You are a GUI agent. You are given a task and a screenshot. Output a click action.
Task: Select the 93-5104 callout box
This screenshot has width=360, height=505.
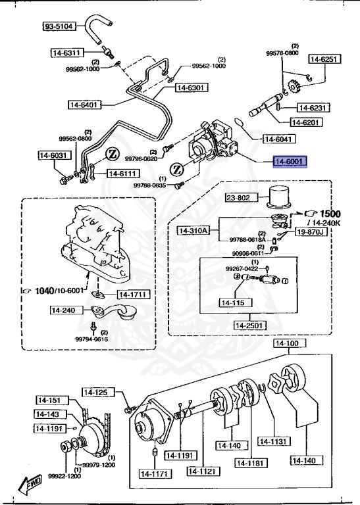(x=60, y=26)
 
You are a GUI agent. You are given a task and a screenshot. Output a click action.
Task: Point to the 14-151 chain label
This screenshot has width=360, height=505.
(x=47, y=400)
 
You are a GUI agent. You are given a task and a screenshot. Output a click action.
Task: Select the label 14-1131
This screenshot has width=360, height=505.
(x=274, y=441)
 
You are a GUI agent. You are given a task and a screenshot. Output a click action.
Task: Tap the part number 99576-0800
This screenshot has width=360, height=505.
(x=282, y=52)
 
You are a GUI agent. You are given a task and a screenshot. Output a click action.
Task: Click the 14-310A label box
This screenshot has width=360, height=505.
(x=193, y=230)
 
